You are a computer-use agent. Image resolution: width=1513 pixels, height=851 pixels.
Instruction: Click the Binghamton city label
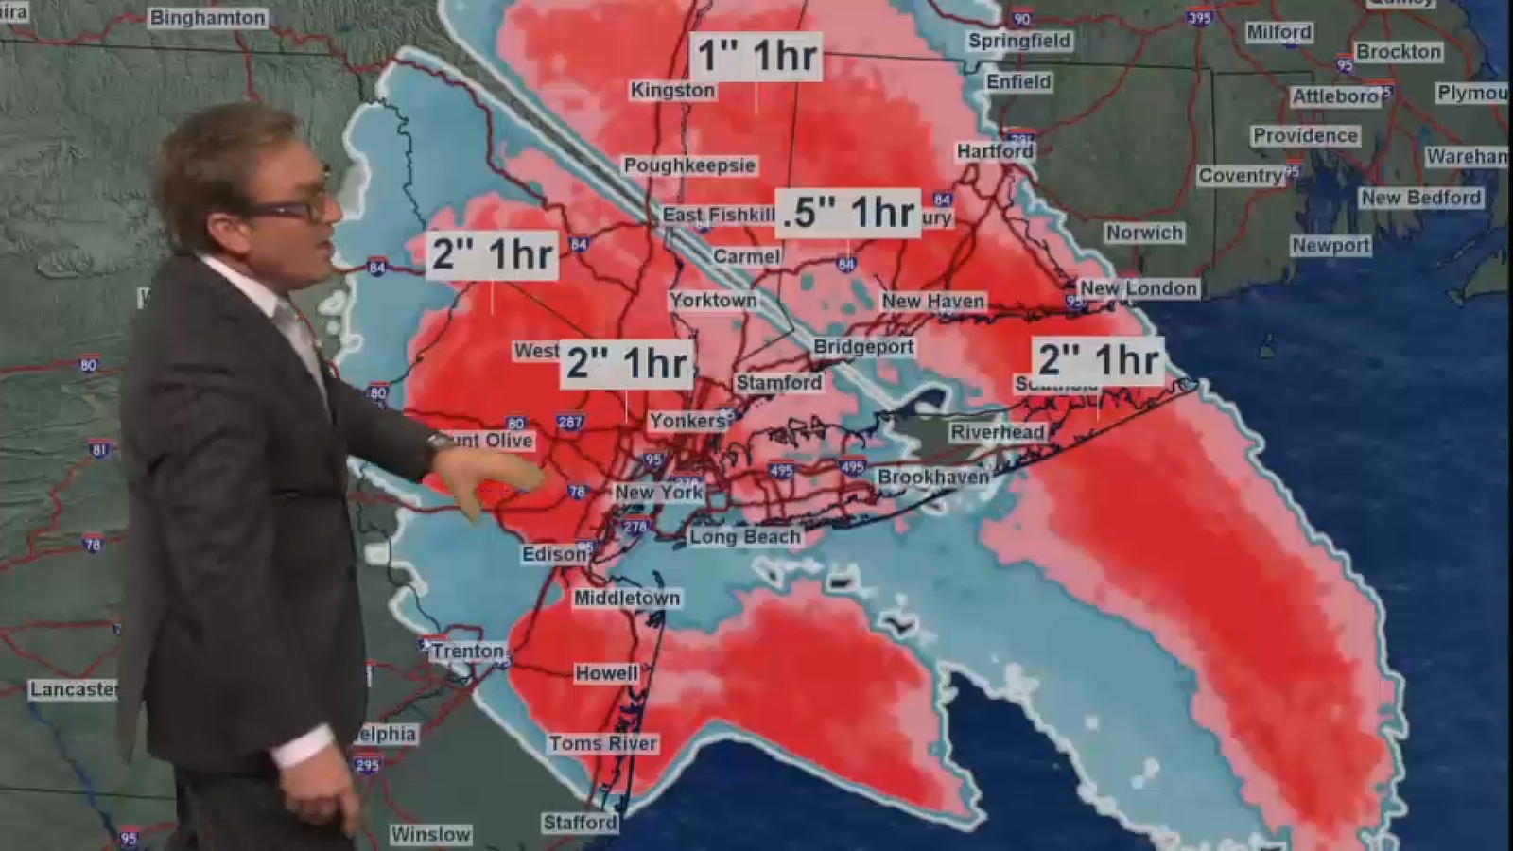[x=208, y=18]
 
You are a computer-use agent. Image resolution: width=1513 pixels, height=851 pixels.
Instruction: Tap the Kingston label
[x=672, y=90]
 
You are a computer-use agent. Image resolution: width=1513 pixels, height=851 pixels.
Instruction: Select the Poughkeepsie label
[x=689, y=165]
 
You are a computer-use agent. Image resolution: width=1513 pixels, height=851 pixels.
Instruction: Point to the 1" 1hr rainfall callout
[x=756, y=55]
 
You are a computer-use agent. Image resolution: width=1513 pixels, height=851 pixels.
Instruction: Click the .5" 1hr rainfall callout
[x=848, y=212]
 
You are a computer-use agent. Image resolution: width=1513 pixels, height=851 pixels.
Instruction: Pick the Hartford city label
[x=995, y=151]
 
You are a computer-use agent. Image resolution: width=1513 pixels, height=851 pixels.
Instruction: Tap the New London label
[x=1139, y=288]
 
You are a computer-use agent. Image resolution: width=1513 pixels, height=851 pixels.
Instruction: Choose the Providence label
[x=1305, y=136]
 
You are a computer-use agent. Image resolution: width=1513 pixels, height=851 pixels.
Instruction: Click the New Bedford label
[x=1420, y=198]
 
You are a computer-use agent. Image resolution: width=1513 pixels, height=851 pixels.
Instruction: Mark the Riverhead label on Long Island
[x=998, y=432]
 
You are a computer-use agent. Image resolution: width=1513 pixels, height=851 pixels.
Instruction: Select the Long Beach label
[x=745, y=537]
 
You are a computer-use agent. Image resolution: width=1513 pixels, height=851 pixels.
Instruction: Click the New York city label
[x=659, y=492]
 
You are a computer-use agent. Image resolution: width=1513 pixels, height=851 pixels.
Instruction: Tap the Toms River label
[x=603, y=743]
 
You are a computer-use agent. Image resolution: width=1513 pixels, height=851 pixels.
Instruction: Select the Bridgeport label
[x=863, y=347]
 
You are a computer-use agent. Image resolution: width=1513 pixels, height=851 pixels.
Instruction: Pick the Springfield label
[x=1018, y=41]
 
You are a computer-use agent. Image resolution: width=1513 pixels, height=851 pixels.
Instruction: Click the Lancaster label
[x=73, y=689]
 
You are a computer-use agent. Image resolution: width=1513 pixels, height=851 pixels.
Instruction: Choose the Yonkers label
[x=687, y=421]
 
